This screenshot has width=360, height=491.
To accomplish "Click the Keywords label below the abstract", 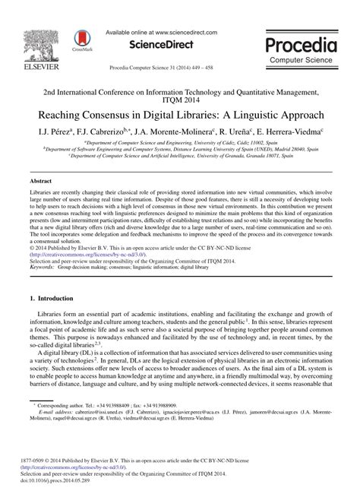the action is pos(41,246).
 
